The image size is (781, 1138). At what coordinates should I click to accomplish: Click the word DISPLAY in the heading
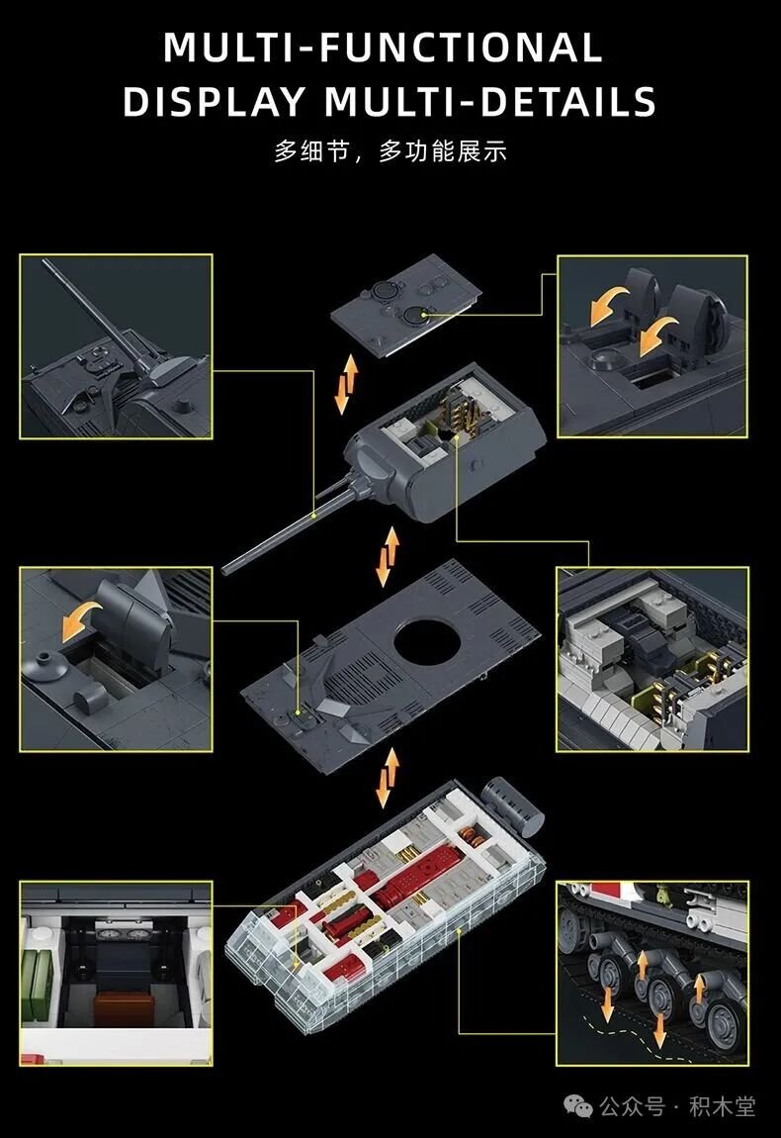[x=214, y=101]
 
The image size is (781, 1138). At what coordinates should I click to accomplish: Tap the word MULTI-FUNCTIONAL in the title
[x=383, y=47]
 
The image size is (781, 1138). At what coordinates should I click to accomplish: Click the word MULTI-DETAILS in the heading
[x=490, y=101]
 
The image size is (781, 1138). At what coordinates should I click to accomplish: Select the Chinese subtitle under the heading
[x=390, y=151]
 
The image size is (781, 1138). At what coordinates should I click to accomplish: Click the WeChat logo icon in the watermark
[x=579, y=1106]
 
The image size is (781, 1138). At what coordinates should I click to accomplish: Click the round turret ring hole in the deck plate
[x=428, y=639]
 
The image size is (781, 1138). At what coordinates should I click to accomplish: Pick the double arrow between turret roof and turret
[x=347, y=384]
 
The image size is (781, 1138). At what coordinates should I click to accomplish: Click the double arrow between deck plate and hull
[x=388, y=778]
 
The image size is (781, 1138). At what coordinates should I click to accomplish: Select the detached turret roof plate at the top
[x=406, y=305]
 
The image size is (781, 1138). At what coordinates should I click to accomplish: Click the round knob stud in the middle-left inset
[x=43, y=666]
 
